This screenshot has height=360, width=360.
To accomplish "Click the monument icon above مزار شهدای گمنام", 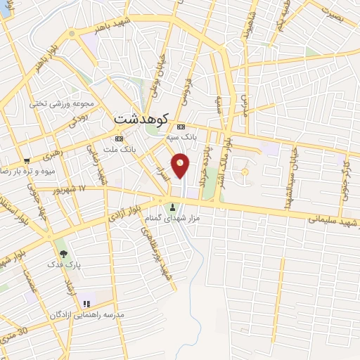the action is [x=173, y=207].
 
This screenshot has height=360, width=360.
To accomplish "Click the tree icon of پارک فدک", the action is [x=65, y=253].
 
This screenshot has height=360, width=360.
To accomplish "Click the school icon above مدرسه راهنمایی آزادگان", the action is [x=86, y=304].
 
